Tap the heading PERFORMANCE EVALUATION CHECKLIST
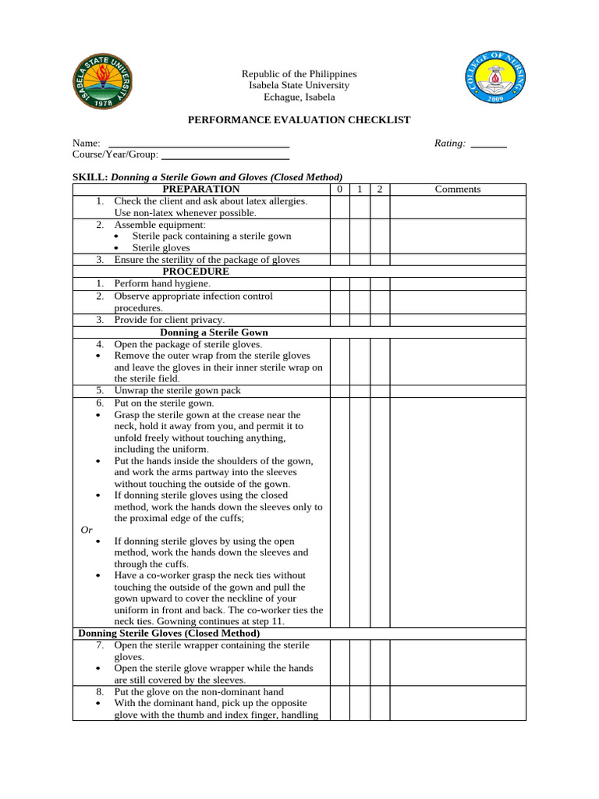(x=299, y=119)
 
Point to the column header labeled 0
(x=339, y=189)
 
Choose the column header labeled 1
(x=359, y=189)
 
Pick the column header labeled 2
(x=379, y=189)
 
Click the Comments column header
(x=458, y=189)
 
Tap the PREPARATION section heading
(x=201, y=189)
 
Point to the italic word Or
(x=87, y=530)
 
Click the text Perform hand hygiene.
(x=162, y=284)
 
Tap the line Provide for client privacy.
(x=169, y=320)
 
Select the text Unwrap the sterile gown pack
(x=177, y=390)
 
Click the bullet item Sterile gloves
(x=161, y=247)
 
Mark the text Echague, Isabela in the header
(x=299, y=98)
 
